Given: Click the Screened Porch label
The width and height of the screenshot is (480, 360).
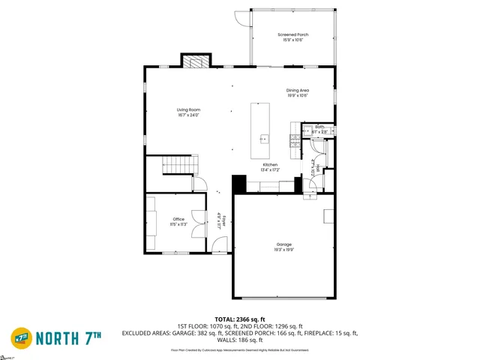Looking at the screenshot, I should pos(292,34).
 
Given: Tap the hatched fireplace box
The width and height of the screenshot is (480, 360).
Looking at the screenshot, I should pos(193,61).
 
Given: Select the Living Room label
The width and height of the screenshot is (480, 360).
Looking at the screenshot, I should pos(188,109).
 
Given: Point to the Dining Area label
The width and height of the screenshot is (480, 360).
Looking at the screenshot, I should pos(298,91).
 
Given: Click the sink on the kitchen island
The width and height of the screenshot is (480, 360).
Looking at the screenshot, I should pos(264,138).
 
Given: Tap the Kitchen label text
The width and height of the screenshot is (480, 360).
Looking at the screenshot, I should pos(270,164).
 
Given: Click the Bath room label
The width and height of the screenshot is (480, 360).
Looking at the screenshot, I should pos(319,127).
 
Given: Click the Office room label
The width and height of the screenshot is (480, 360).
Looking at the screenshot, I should pos(178,219).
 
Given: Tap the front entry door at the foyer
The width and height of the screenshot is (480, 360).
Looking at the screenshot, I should pos(220,244).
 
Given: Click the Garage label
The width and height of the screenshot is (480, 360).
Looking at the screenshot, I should pos(283,244).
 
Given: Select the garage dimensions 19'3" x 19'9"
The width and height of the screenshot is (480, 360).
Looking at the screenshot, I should pos(283,250).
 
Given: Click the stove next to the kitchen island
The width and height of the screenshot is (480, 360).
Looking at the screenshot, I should pos(295,139).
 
